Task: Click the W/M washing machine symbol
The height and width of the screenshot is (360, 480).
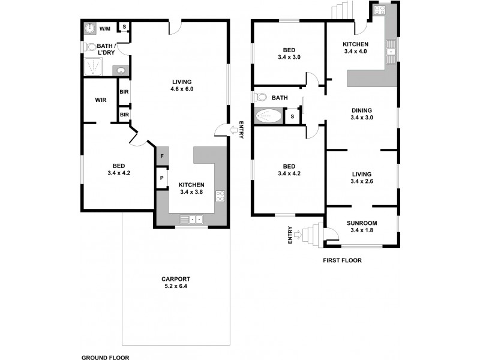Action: (x=89, y=28)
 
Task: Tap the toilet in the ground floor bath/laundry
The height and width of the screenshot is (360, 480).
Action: (x=91, y=46)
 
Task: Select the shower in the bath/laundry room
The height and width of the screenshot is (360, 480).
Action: (x=94, y=66)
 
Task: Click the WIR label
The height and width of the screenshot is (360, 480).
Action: (x=100, y=100)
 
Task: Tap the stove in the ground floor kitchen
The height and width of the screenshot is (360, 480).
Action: (x=220, y=195)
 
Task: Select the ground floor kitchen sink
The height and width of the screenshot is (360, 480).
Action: (x=192, y=219)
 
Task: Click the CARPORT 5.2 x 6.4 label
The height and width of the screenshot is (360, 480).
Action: (x=175, y=283)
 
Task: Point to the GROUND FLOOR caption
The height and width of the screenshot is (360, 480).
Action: (x=105, y=357)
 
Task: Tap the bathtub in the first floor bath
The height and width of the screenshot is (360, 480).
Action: (x=268, y=116)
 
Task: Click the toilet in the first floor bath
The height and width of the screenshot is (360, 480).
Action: (x=261, y=97)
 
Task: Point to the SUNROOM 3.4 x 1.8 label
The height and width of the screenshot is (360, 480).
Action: (x=361, y=227)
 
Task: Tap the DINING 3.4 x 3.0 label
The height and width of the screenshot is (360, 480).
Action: (x=361, y=114)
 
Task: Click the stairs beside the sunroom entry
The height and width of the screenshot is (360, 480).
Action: (x=311, y=236)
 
